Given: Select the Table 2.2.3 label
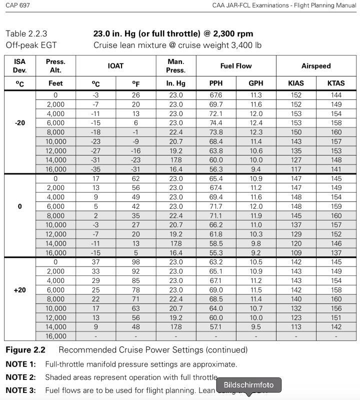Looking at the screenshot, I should click(x=26, y=34).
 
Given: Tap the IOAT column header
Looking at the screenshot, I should click(x=115, y=66).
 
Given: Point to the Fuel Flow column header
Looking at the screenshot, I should click(x=236, y=66).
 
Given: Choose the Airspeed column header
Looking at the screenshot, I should click(x=316, y=66).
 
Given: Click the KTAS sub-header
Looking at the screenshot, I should click(x=336, y=83).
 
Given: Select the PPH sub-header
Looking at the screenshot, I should click(x=216, y=83).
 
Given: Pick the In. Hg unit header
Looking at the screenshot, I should click(x=176, y=83).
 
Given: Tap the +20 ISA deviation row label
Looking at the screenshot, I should click(x=20, y=290).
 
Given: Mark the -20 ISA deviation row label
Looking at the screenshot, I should click(x=20, y=123).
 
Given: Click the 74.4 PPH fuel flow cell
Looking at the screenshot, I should click(x=216, y=123).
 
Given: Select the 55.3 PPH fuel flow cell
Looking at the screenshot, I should click(x=216, y=253).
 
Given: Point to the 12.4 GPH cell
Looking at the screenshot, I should click(x=256, y=123).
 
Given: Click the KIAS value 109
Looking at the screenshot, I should click(x=296, y=253).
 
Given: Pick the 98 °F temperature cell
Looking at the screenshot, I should click(x=135, y=262).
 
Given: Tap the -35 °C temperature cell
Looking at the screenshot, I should click(x=95, y=169).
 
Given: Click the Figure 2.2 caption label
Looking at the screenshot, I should click(x=25, y=350).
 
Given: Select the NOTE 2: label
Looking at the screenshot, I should click(x=20, y=377).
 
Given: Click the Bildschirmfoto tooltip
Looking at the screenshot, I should click(x=248, y=385).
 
